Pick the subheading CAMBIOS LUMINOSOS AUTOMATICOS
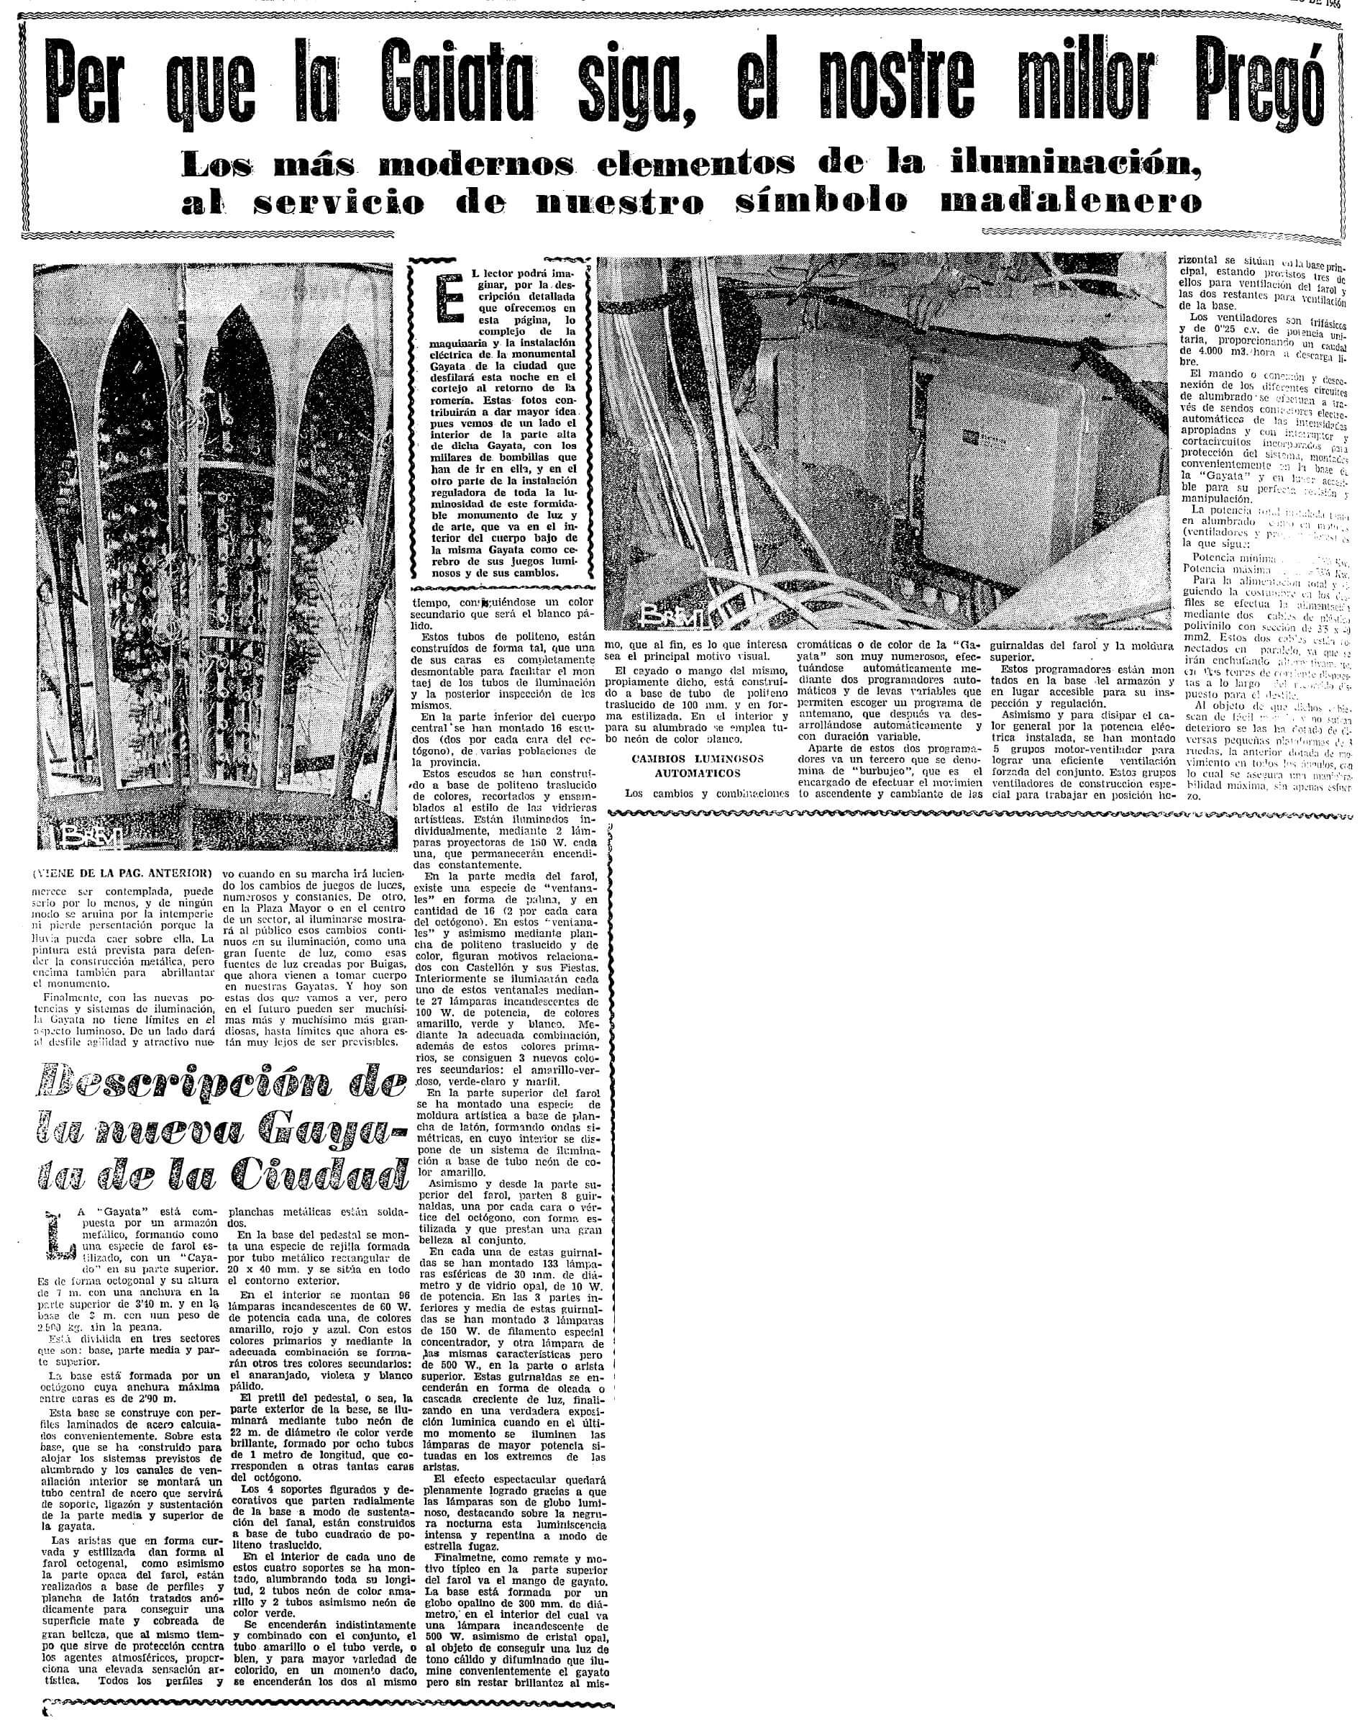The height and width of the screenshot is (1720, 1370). [697, 765]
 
